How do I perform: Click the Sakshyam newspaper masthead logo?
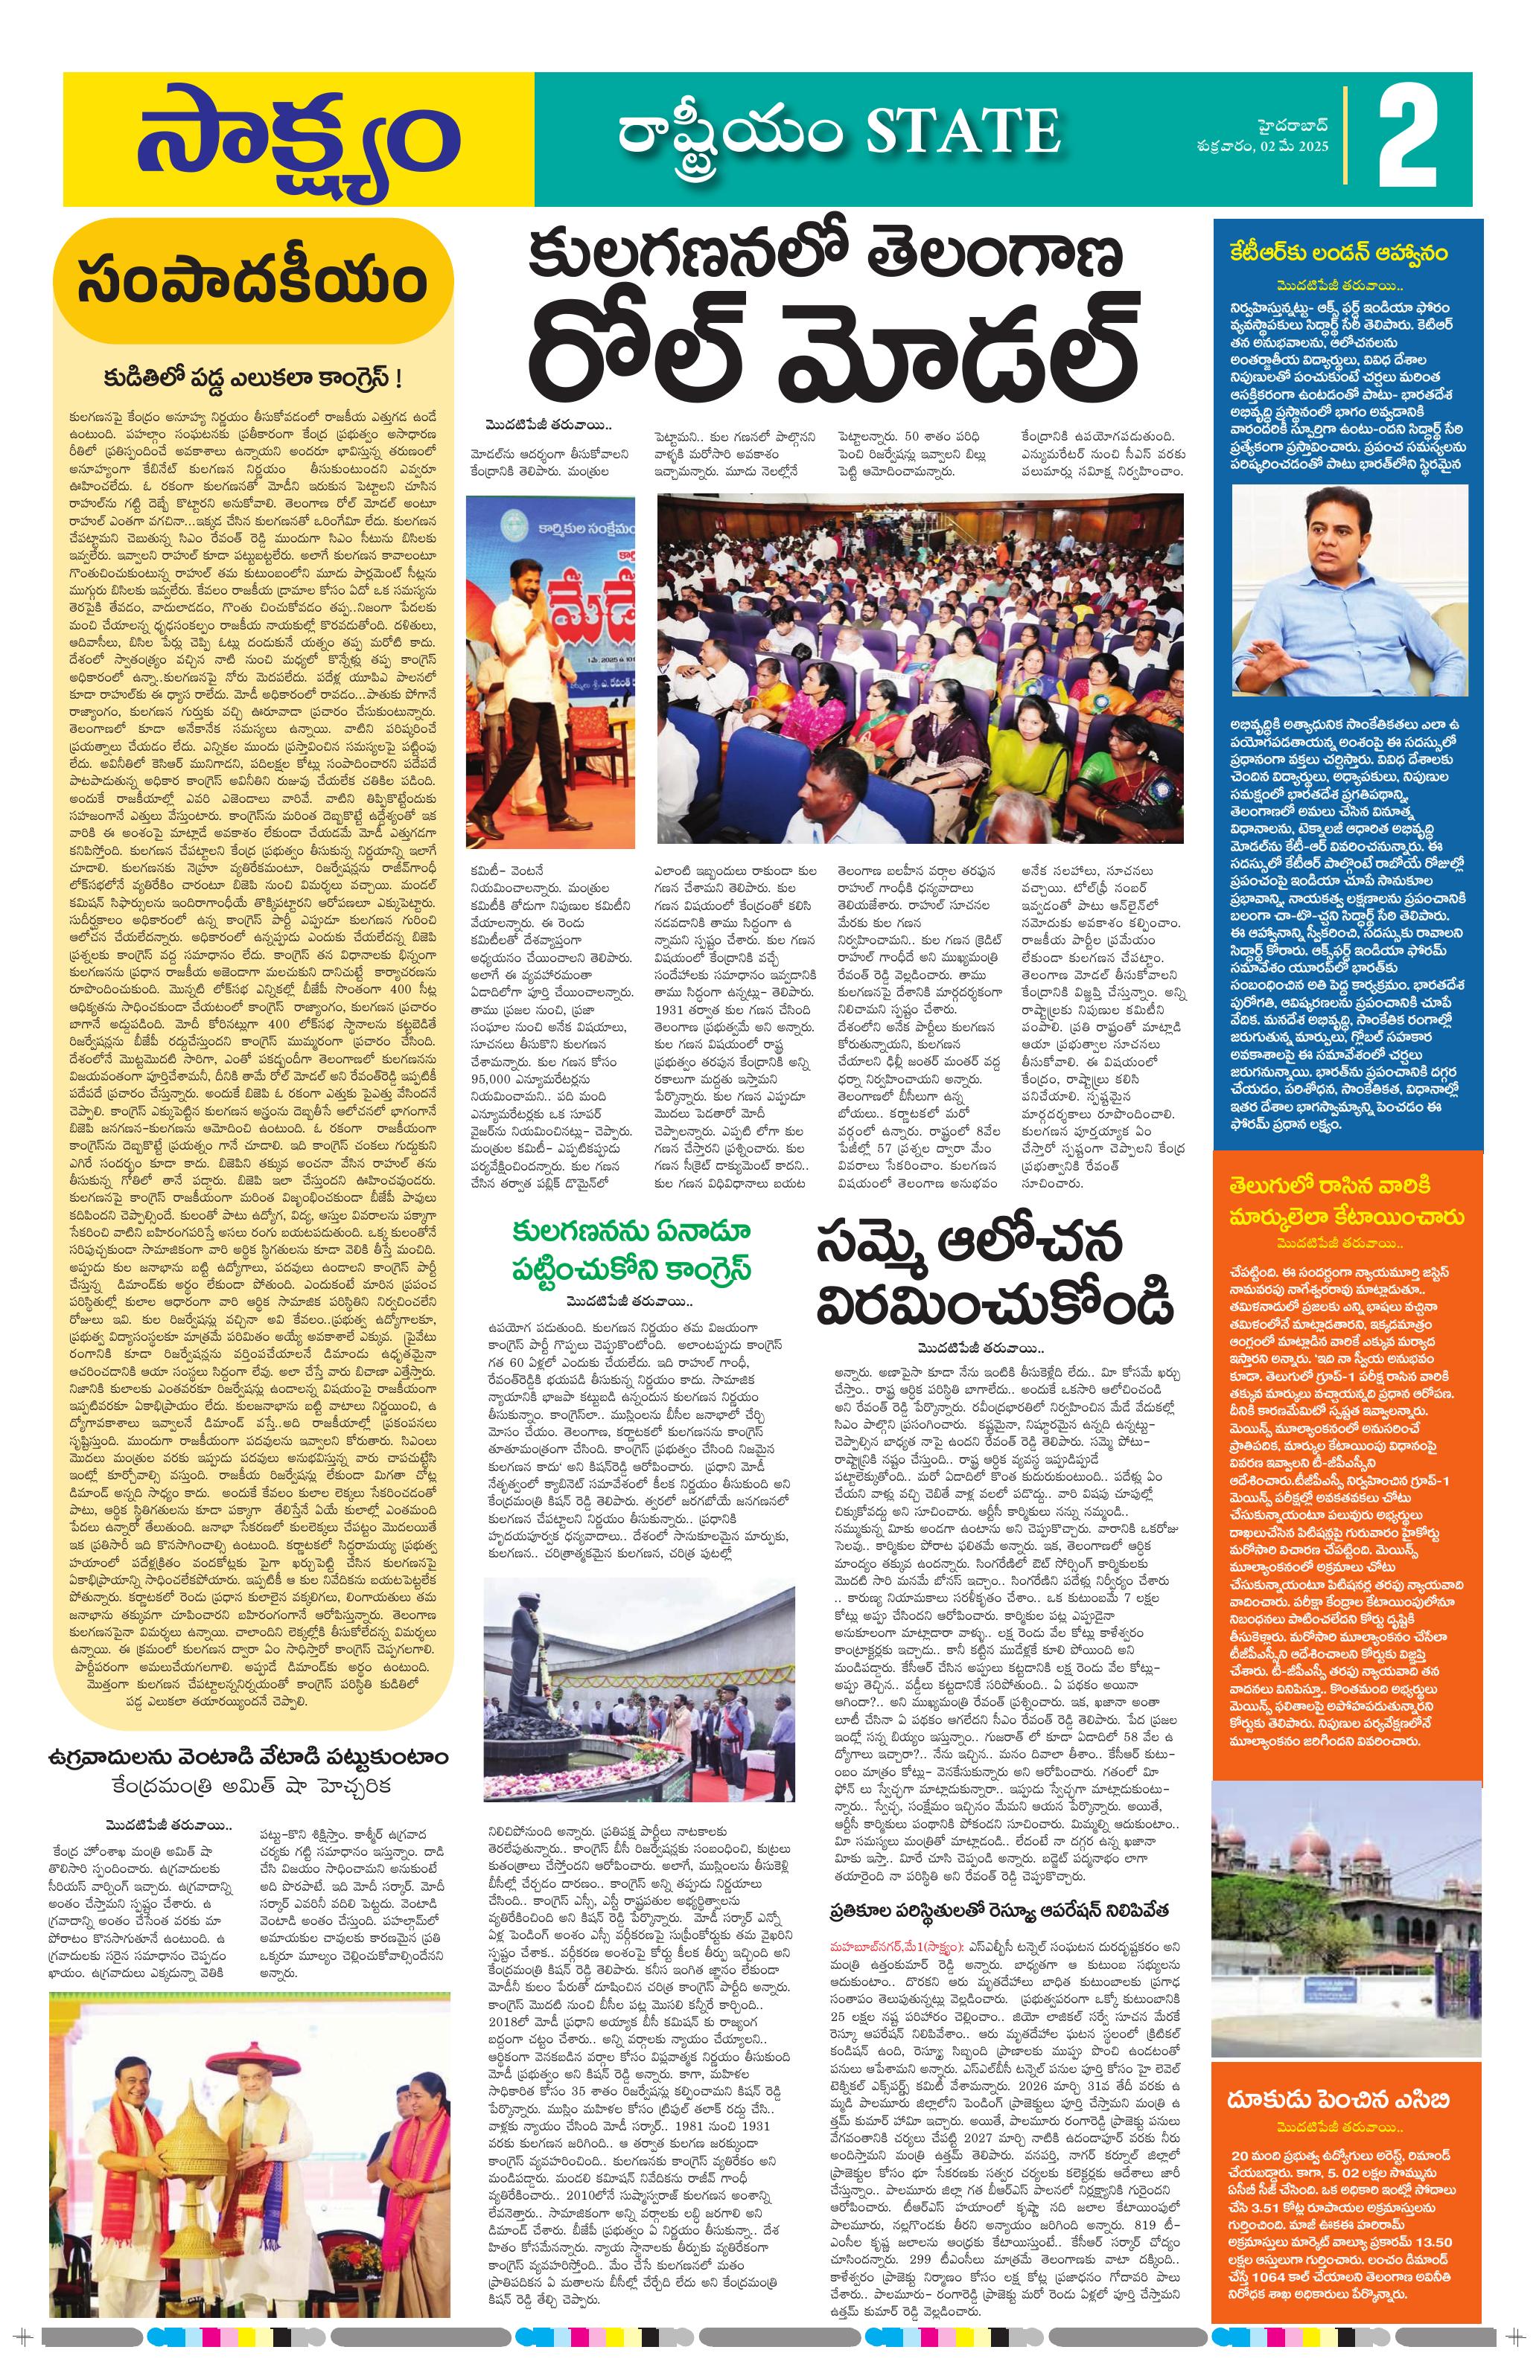[297, 140]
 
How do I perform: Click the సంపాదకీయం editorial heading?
[252, 284]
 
